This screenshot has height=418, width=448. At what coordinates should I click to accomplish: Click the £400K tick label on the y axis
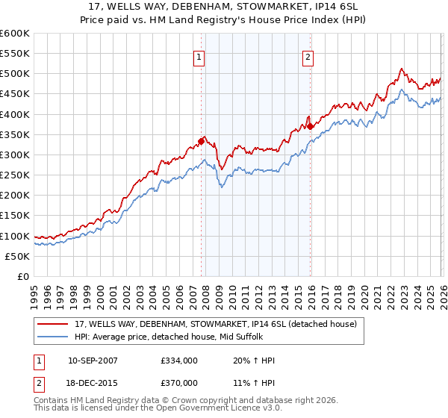tap(15, 114)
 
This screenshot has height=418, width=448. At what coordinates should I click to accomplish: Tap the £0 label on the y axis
tap(22, 276)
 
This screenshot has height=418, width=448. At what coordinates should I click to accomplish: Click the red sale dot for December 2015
tap(310, 126)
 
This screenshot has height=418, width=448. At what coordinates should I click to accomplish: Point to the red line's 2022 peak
tap(401, 69)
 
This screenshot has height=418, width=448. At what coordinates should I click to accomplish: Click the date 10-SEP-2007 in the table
tap(93, 361)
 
